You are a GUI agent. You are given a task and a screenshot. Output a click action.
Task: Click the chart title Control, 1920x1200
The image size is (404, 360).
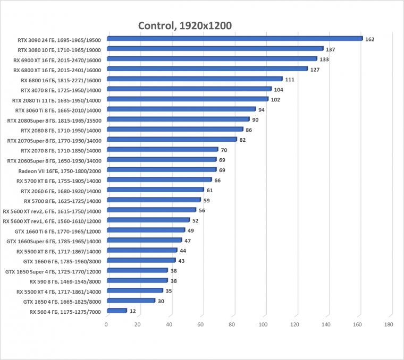(184, 25)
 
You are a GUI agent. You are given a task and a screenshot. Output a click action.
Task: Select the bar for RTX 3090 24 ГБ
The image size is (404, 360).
(234, 39)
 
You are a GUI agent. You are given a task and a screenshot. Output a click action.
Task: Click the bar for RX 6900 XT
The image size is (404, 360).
(212, 59)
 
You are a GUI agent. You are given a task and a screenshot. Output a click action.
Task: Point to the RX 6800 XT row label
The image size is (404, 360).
(57, 70)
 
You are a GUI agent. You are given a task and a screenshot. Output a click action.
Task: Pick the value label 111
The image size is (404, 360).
(290, 80)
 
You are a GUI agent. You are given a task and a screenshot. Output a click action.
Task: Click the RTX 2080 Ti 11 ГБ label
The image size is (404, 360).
(56, 100)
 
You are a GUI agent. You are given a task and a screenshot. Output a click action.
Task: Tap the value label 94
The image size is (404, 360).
(262, 110)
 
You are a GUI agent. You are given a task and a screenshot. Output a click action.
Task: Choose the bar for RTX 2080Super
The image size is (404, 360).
(178, 119)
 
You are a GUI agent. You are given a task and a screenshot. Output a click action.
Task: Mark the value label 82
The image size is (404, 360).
(242, 140)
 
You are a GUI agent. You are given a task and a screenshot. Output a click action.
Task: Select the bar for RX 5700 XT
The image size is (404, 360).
(159, 180)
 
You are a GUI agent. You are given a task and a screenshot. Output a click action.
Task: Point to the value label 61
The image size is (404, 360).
(210, 191)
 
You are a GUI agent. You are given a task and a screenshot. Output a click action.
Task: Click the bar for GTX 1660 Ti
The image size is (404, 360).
(146, 230)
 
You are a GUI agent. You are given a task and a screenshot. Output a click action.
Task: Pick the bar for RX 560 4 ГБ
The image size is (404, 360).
(116, 311)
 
